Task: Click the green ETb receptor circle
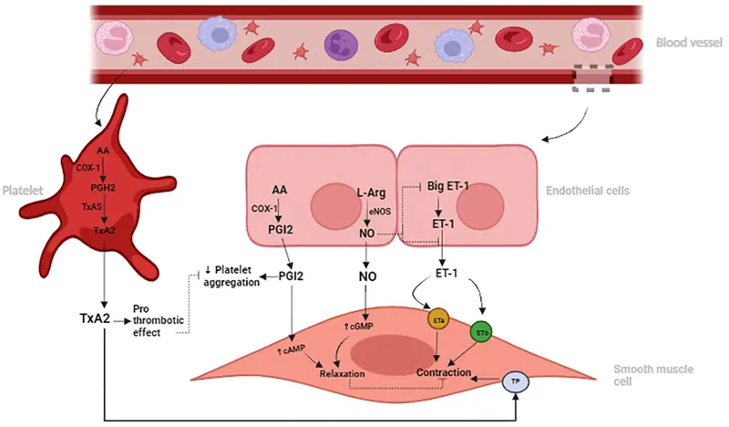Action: pyautogui.click(x=481, y=334)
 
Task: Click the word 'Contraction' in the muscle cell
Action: pyautogui.click(x=444, y=373)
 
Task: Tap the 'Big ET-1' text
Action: pyautogui.click(x=447, y=186)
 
